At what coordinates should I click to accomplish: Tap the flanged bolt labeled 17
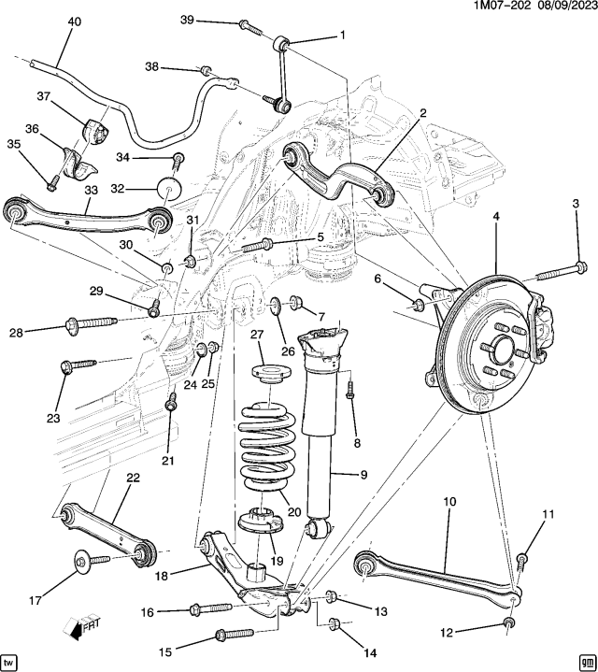[89, 561]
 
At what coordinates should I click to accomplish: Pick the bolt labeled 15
[230, 636]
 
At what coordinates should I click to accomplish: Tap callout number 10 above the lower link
[449, 503]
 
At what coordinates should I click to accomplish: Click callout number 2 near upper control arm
[422, 113]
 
